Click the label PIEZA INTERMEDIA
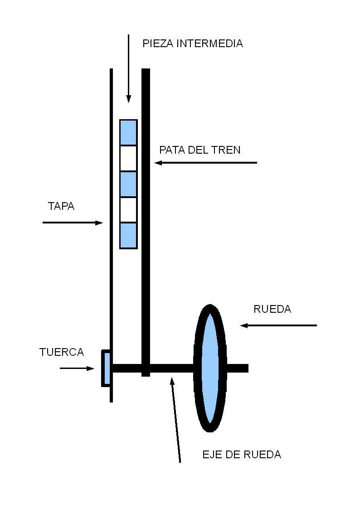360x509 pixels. [193, 44]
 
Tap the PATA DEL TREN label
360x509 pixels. [200, 150]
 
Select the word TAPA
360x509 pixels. [61, 207]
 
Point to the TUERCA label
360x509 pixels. [62, 352]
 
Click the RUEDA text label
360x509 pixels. [272, 310]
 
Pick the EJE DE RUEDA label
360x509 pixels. [242, 455]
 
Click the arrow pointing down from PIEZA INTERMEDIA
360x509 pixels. [129, 68]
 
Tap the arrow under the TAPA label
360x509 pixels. [73, 223]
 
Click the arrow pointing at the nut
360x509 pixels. [77, 368]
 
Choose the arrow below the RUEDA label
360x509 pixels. [278, 325]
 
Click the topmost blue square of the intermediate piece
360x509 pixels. [128, 132]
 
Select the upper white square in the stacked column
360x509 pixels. [128, 158]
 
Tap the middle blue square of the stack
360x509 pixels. [128, 184]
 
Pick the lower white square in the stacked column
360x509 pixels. [128, 210]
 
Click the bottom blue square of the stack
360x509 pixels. [128, 235]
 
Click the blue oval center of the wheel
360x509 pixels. [209, 368]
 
